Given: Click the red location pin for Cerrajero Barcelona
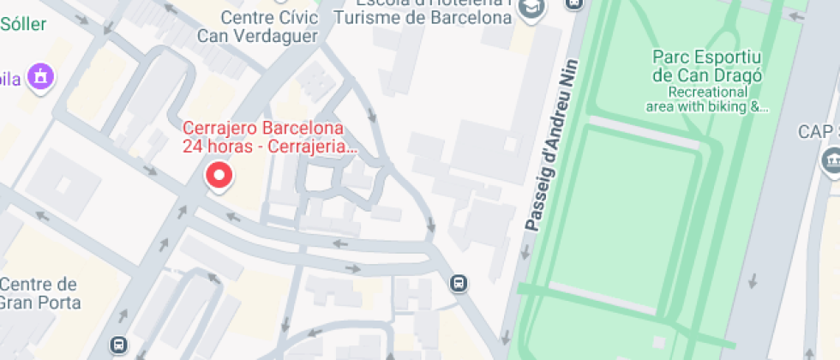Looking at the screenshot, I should point(220,177).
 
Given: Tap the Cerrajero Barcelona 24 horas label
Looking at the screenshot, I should point(264,137).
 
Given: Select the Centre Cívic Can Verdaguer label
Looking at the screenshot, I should point(257,26).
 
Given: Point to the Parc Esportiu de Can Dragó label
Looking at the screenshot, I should point(707,66).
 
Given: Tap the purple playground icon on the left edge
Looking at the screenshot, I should point(39,78).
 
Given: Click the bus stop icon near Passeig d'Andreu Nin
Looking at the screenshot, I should point(459,283).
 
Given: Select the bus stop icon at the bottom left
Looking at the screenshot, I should point(119,345).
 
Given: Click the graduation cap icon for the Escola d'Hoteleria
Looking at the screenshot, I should point(533,7).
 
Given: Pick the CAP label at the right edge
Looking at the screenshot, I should point(818,131).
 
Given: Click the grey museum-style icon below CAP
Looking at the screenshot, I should point(831,160).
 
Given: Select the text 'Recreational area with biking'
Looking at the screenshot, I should point(708,99).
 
